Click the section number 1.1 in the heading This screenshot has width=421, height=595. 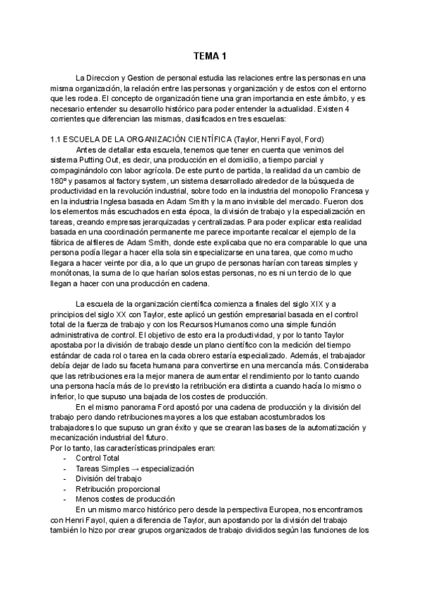tap(58, 140)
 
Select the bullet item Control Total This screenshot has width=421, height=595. tap(98, 457)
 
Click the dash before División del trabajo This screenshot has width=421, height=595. tap(65, 478)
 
